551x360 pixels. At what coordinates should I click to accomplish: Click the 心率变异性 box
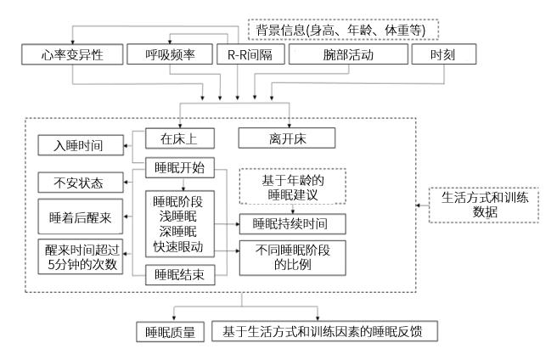[x=71, y=54]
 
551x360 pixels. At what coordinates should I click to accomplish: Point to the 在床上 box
[x=177, y=136]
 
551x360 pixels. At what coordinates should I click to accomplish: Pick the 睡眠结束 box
[x=177, y=275]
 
